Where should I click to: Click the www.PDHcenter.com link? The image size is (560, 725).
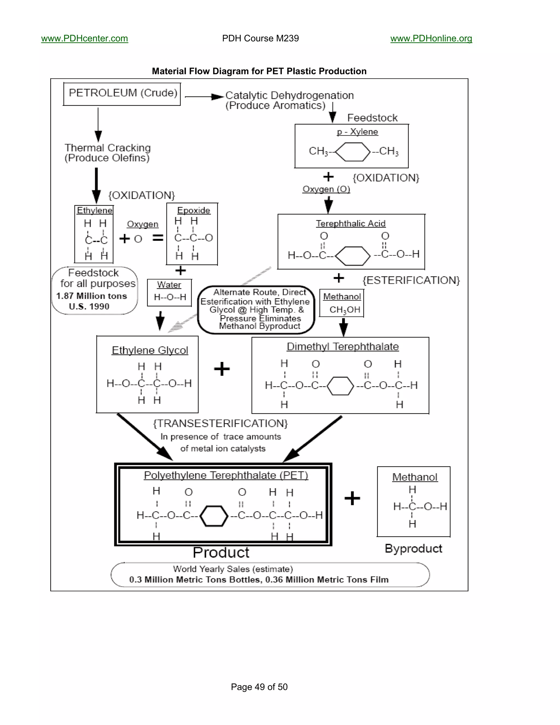click(84, 39)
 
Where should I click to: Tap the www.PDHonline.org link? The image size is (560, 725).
click(431, 39)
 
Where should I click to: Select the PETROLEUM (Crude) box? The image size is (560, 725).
click(122, 94)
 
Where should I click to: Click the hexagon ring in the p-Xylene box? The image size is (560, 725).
click(353, 152)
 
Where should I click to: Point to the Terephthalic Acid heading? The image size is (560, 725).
click(350, 224)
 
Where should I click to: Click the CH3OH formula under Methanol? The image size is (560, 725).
click(344, 310)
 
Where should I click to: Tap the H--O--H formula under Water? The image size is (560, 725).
click(170, 297)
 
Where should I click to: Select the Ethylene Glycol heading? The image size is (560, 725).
click(150, 350)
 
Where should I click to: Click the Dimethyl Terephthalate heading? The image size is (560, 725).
click(342, 347)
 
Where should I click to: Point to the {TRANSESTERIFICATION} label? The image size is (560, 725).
click(220, 424)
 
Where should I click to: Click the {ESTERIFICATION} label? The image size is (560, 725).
click(411, 280)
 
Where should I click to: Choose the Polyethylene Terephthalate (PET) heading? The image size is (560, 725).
click(226, 475)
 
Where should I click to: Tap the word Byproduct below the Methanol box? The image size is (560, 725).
click(413, 548)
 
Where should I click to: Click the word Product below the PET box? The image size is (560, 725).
click(221, 553)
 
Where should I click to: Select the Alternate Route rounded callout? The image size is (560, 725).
click(256, 309)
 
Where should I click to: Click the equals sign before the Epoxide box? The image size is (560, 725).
click(158, 238)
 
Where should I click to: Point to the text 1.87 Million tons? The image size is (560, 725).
click(92, 296)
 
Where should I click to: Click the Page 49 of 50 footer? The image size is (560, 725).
click(259, 687)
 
